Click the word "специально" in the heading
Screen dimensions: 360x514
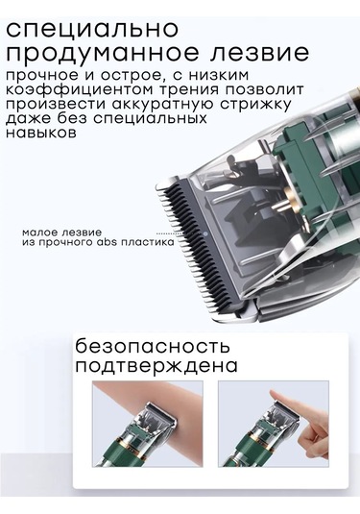[93, 29]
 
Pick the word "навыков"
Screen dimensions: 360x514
[41, 133]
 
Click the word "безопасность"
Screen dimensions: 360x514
[153, 346]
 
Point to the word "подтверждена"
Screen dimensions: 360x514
[156, 366]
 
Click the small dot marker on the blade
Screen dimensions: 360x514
[204, 233]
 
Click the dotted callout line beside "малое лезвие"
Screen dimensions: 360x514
[169, 233]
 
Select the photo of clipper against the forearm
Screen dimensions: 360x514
[148, 424]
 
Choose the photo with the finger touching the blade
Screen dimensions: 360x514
[274, 424]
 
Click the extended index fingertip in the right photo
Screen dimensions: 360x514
[273, 393]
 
